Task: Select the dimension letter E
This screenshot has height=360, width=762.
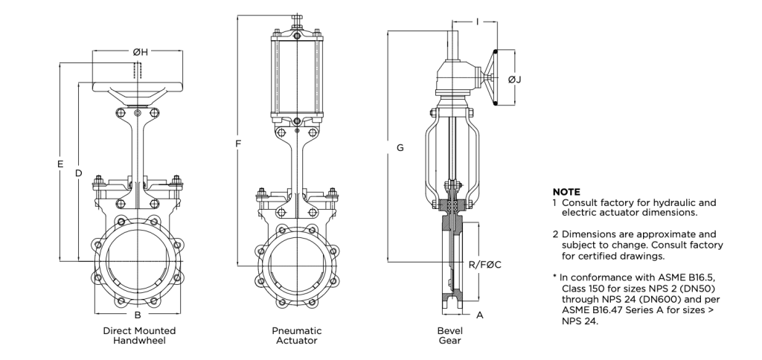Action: click(x=60, y=164)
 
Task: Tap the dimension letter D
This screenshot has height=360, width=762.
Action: click(x=78, y=173)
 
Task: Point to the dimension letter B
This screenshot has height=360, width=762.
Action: click(x=138, y=315)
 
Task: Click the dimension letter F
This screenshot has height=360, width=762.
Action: click(x=238, y=144)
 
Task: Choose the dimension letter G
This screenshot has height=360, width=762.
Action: click(x=400, y=148)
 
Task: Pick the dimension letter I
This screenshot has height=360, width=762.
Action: click(x=477, y=22)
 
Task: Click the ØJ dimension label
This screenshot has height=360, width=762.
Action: click(x=515, y=79)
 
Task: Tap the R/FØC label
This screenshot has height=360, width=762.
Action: click(x=484, y=265)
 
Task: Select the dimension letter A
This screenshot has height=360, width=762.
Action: click(x=480, y=315)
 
